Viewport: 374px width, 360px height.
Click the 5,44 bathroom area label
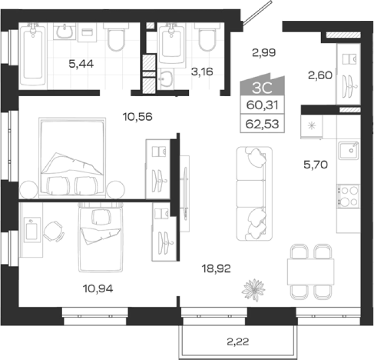click(x=81, y=64)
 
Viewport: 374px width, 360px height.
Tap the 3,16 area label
click(x=202, y=72)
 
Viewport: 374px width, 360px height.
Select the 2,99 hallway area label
click(x=264, y=52)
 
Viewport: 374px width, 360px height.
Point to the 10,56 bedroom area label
click(x=138, y=117)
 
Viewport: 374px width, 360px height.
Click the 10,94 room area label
click(x=98, y=288)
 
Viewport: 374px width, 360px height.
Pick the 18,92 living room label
click(x=216, y=269)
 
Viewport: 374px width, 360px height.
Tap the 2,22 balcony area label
click(x=238, y=341)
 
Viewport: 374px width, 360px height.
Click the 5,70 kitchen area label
click(x=316, y=164)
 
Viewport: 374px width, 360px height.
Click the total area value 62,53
click(x=262, y=124)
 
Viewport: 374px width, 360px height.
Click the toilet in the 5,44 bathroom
click(x=116, y=37)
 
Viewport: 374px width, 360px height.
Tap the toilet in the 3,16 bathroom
click(x=207, y=37)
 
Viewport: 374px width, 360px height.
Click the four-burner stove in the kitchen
click(x=348, y=196)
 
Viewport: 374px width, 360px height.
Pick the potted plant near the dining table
click(x=253, y=290)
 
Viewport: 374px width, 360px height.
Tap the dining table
click(x=311, y=272)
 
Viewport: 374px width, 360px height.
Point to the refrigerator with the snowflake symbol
click(x=312, y=126)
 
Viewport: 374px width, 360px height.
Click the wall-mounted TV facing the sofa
click(x=185, y=193)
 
